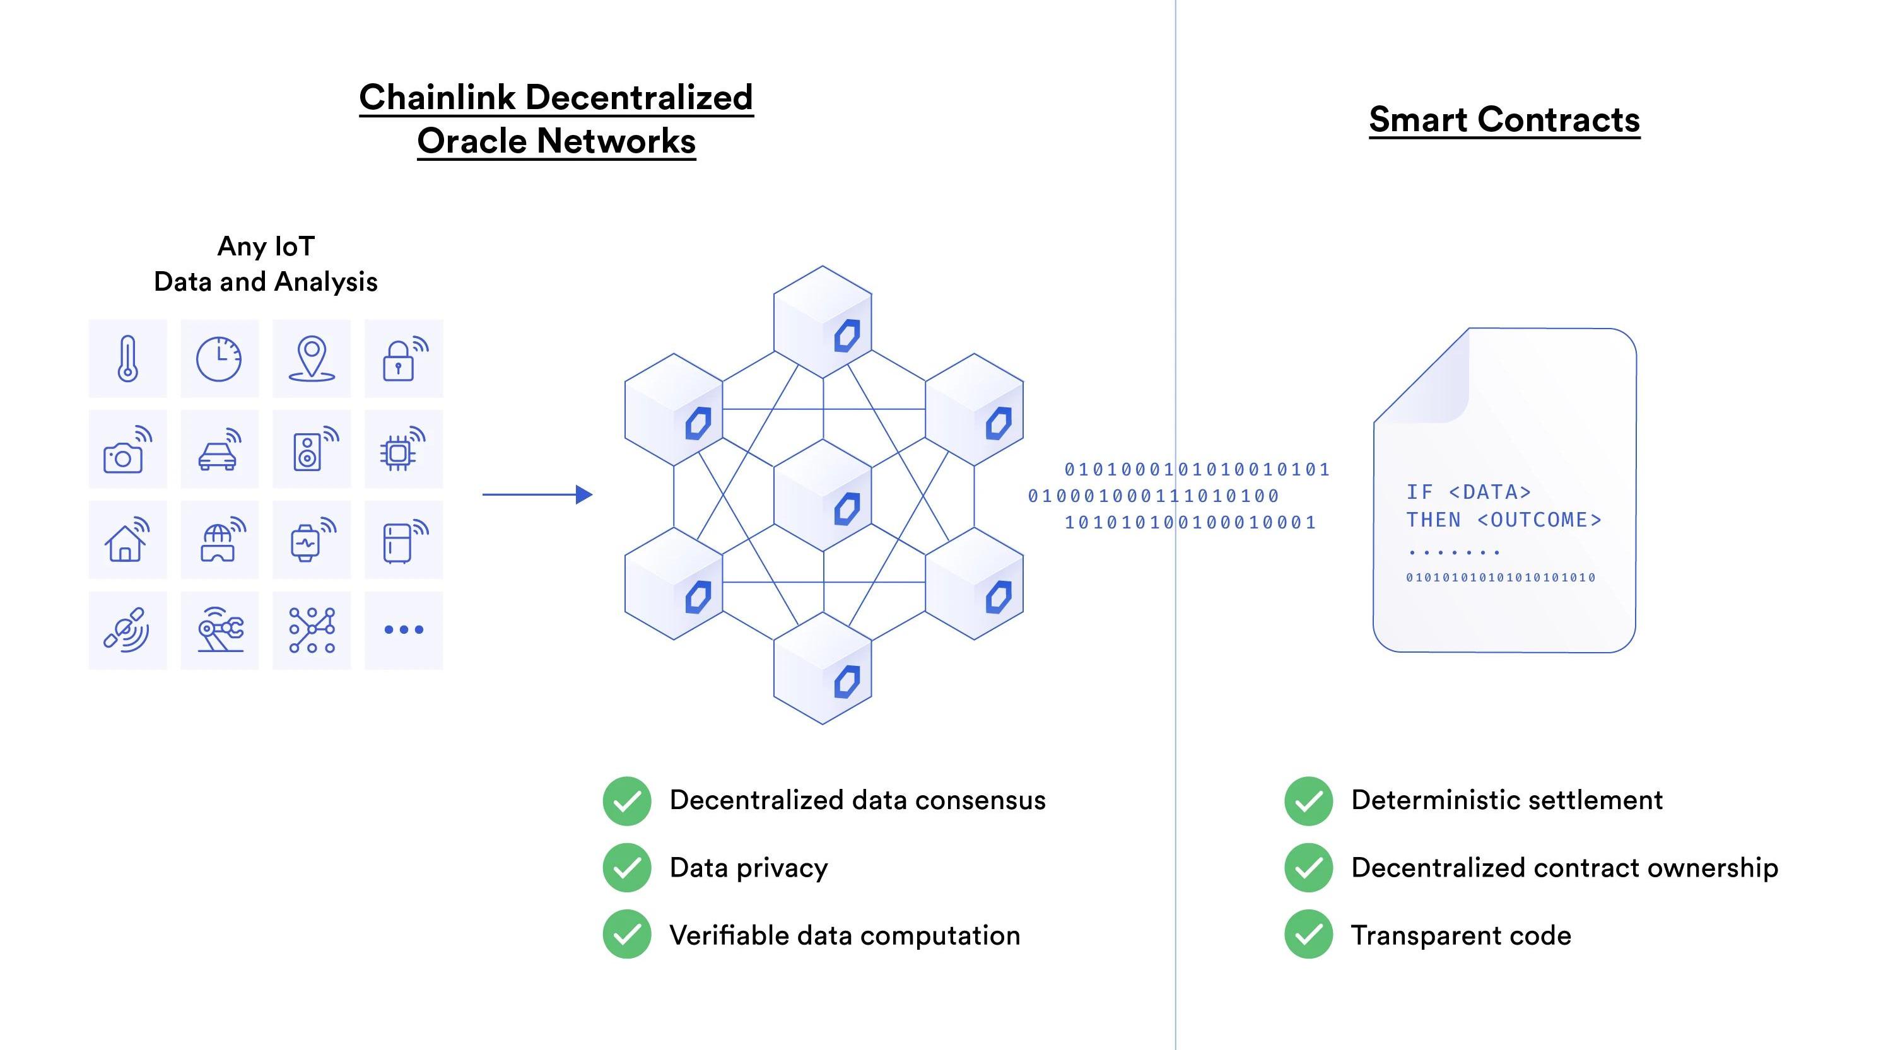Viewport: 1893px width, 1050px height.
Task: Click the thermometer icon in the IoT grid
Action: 128,359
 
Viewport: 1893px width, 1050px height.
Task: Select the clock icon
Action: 219,359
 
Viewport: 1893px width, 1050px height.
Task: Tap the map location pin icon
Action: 312,359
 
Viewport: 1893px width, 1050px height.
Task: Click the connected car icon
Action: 219,450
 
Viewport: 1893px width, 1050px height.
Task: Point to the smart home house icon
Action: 126,541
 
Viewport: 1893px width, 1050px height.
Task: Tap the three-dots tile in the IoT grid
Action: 404,630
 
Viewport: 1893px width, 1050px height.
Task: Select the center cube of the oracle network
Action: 823,495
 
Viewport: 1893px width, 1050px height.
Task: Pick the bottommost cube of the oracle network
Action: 823,668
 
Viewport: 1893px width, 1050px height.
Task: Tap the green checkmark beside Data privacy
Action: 627,868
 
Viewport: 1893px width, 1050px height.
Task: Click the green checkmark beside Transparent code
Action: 1308,935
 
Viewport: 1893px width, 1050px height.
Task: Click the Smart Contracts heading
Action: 1504,120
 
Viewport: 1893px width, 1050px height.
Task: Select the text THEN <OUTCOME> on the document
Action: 1504,520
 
